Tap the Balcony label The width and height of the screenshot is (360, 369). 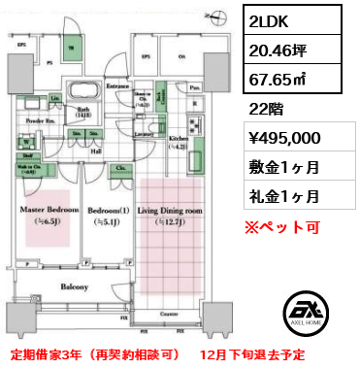[74, 287]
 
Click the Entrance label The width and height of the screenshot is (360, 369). [118, 85]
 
